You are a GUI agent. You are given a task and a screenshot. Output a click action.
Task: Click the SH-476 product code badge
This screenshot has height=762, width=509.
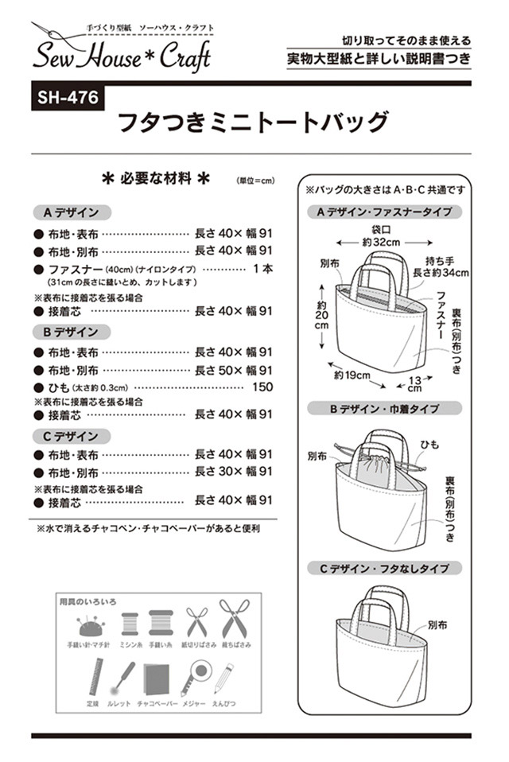67,99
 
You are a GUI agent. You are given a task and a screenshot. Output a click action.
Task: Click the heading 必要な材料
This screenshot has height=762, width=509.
156,179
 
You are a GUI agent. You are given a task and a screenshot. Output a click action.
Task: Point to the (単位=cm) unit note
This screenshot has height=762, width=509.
255,181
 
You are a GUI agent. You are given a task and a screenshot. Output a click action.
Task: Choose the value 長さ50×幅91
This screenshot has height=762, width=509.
234,370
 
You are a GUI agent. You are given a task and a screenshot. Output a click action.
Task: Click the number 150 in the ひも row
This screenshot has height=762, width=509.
262,387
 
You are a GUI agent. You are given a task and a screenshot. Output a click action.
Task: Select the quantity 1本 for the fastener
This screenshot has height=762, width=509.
262,270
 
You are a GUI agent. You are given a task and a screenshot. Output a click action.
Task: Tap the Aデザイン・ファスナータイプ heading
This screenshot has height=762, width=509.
384,212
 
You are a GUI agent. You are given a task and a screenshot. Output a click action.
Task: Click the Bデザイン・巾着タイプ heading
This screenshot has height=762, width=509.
384,408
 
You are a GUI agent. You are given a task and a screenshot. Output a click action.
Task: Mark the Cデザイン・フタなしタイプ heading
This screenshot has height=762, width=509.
384,569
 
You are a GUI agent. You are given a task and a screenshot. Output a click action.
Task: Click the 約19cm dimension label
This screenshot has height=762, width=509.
350,375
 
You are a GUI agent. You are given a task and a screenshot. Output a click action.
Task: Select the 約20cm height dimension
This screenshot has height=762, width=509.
321,318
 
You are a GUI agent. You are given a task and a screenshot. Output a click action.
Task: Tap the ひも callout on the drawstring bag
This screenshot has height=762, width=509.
430,445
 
